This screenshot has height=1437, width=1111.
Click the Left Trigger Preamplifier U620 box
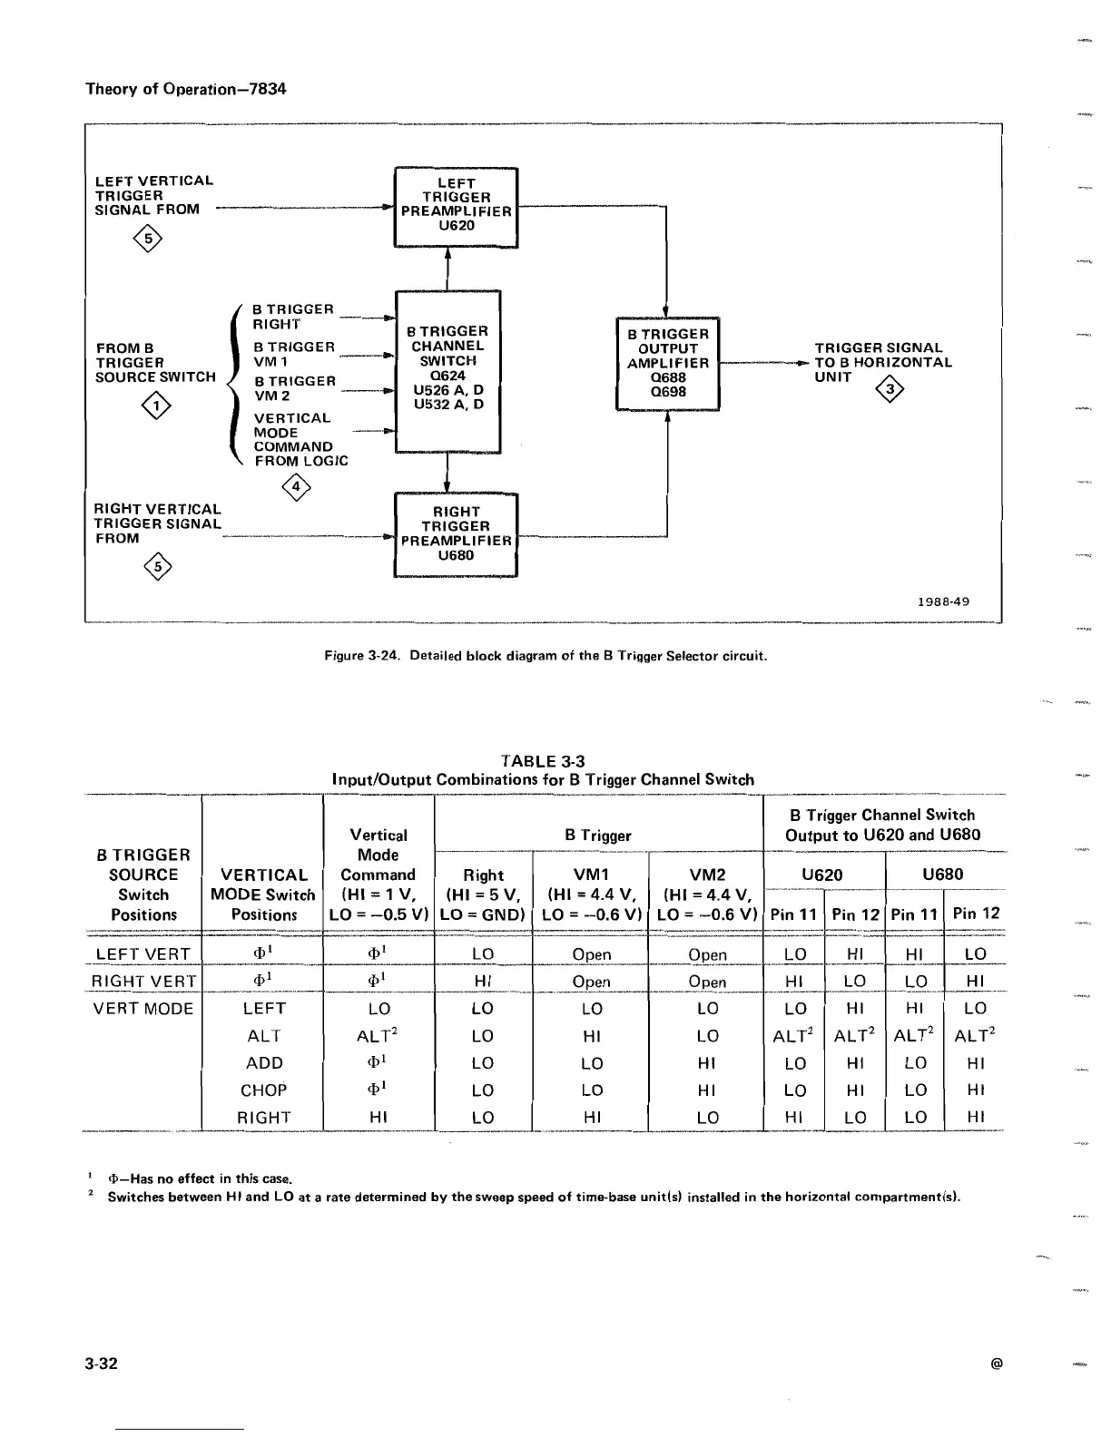[456, 207]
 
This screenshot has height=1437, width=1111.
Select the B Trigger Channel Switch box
[448, 370]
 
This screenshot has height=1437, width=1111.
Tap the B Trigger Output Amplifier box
[668, 363]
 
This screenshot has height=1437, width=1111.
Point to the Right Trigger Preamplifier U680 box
[456, 534]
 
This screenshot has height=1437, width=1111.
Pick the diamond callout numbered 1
[158, 406]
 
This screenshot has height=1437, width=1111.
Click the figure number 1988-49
[943, 601]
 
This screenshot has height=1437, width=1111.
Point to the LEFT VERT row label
[143, 953]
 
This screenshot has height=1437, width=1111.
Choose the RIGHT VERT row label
[143, 981]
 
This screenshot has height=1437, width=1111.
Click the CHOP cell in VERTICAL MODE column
[263, 1090]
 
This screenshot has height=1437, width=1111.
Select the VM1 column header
[591, 875]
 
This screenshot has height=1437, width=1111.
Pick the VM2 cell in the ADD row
[707, 1062]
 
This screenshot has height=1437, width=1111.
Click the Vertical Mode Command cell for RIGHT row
[379, 1117]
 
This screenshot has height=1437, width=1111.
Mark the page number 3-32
[101, 1364]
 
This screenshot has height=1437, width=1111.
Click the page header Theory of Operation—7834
[185, 88]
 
